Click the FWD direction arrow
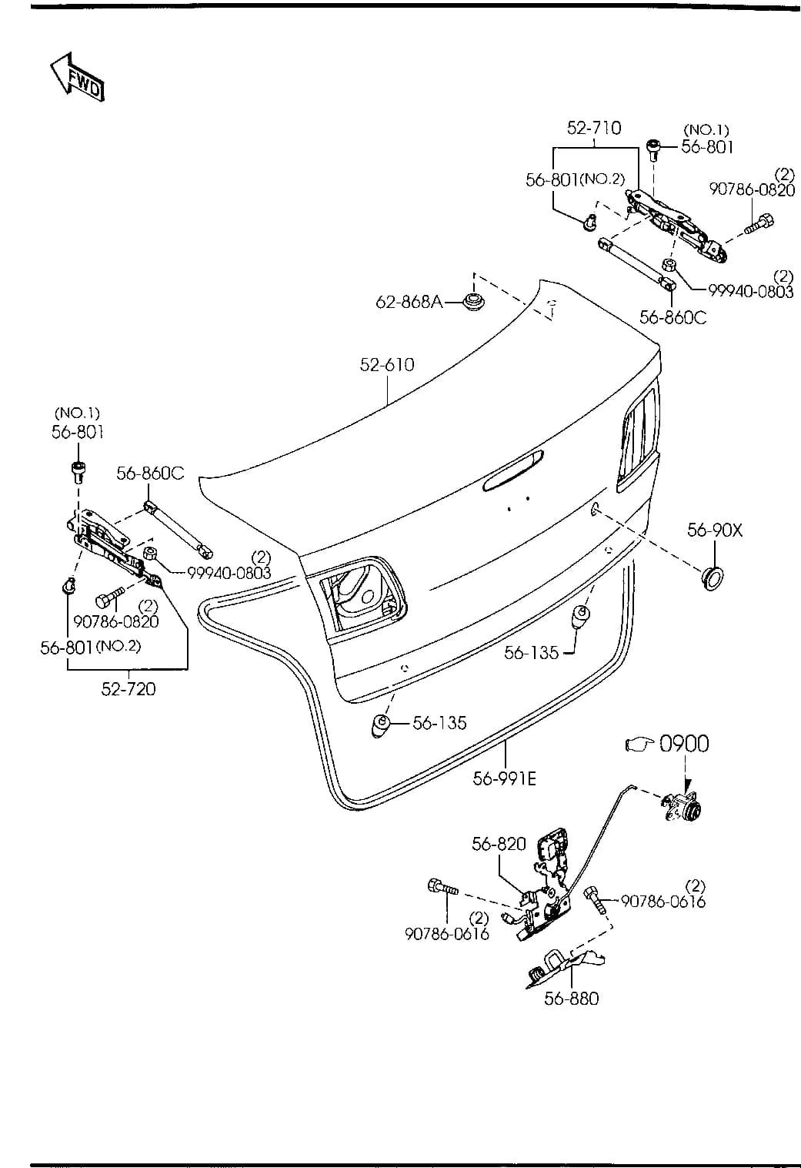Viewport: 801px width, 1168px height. click(x=77, y=77)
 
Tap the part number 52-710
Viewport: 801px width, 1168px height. click(x=594, y=128)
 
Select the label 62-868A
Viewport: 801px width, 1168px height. click(x=409, y=301)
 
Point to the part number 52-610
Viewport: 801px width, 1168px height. click(x=387, y=364)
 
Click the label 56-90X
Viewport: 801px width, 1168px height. click(x=715, y=530)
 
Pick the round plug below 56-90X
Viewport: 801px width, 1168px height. click(x=712, y=577)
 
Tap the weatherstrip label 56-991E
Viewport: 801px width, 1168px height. click(x=505, y=778)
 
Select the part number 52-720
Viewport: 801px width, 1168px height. click(x=128, y=689)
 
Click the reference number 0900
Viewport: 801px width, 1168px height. click(x=684, y=744)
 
